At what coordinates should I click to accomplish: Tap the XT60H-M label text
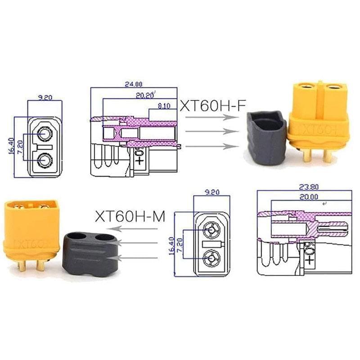click(x=130, y=216)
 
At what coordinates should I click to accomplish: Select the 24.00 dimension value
click(x=134, y=84)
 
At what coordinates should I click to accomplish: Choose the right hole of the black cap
click(x=105, y=237)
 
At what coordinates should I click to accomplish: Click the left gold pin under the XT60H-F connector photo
click(x=308, y=156)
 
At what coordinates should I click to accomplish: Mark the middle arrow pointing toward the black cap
click(x=139, y=243)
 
